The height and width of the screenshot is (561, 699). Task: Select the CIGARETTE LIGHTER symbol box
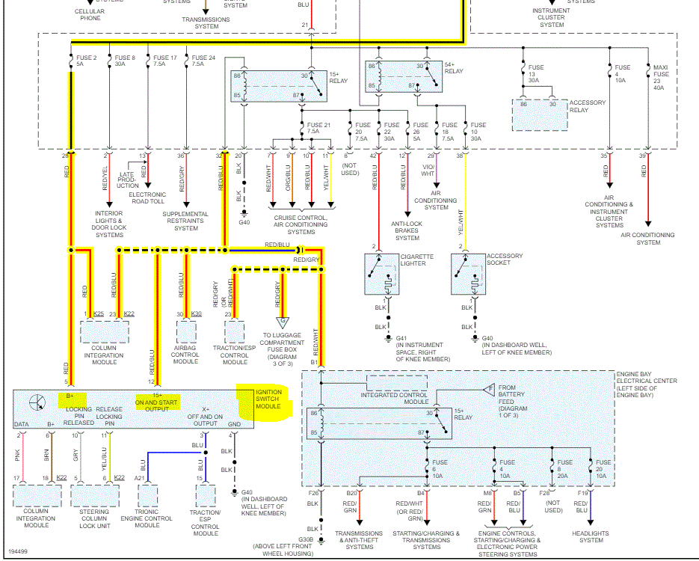coord(387,274)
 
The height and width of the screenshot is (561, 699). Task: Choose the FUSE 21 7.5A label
coord(318,128)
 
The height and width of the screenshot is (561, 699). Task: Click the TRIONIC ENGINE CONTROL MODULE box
coord(147,497)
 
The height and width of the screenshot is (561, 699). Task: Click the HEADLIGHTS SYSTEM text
coord(591,537)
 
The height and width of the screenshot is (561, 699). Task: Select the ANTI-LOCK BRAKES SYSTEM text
coord(407,231)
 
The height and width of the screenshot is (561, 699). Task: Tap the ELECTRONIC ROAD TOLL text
coord(147,199)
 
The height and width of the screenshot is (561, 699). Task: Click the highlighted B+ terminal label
coord(71,396)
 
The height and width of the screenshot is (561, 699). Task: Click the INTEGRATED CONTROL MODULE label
coord(395,398)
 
